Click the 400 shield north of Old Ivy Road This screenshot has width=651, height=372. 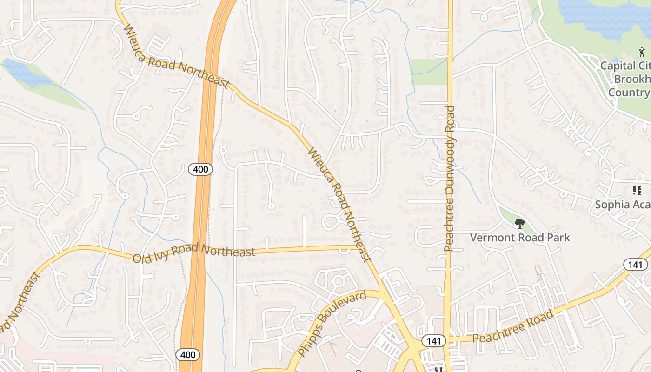click(x=200, y=169)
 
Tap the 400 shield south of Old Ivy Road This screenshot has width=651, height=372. click(x=188, y=355)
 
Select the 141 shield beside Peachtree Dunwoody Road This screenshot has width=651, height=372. click(x=433, y=341)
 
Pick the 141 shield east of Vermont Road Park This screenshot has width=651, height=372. click(x=635, y=265)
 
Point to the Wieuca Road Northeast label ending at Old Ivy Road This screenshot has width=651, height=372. click(x=339, y=205)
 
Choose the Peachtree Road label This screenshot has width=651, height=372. click(x=513, y=326)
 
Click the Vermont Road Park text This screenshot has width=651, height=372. click(x=519, y=238)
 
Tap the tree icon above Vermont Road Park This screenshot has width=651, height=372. click(x=519, y=224)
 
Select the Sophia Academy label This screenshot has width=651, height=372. click(x=623, y=205)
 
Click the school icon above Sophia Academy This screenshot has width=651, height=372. click(x=637, y=191)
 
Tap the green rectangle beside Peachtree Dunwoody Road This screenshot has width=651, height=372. click(x=428, y=72)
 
